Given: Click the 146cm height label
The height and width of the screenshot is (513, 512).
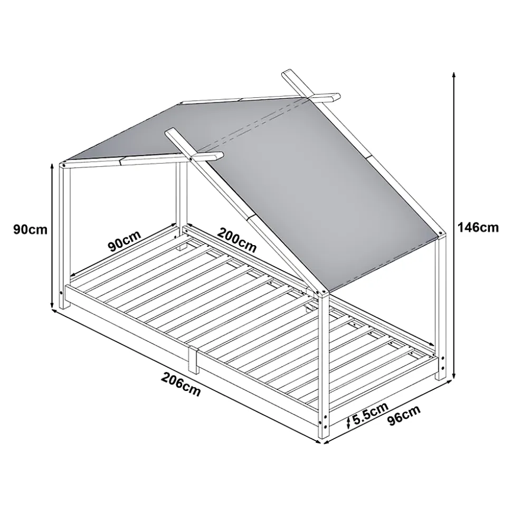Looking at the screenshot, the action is [478, 227].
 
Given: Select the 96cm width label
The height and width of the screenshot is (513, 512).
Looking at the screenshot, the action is [404, 415].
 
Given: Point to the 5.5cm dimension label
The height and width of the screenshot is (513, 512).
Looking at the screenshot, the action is [371, 413].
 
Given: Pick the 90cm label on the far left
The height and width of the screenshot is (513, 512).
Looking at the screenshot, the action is [31, 229].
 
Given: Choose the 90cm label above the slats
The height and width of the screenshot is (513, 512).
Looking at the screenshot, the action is [125, 241].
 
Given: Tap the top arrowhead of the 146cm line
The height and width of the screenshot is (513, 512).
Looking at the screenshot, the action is [454, 74].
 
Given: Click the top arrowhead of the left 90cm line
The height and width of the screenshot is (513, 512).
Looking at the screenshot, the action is [52, 166].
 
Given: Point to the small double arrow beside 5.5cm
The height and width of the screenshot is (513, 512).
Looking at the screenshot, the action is [348, 422].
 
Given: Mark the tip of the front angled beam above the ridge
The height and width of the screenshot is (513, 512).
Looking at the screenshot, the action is [170, 132].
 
